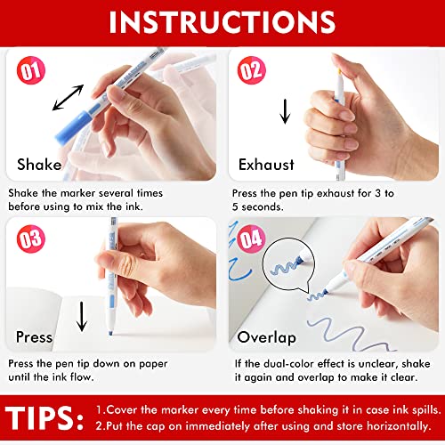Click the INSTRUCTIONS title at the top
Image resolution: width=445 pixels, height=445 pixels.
[222, 20]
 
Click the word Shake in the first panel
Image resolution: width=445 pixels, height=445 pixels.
[41, 164]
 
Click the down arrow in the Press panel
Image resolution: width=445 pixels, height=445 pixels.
[82, 315]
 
